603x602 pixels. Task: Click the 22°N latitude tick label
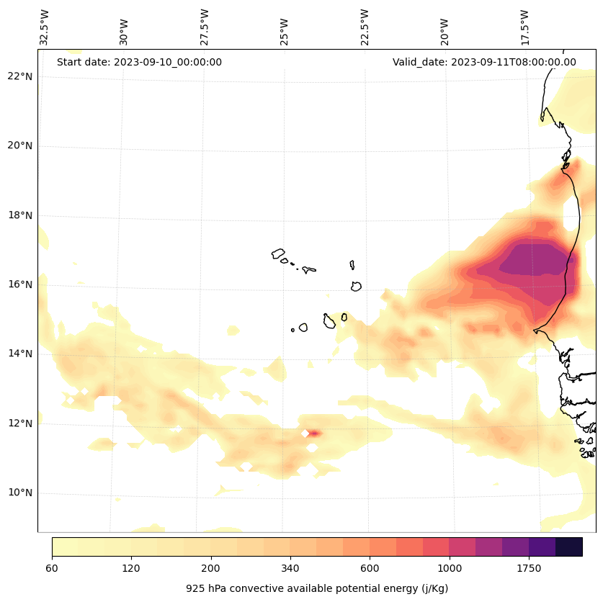tap(19, 76)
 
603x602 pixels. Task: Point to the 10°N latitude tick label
tap(19, 493)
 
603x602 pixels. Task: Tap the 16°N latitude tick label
tap(19, 284)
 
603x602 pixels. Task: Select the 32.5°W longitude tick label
tap(45, 27)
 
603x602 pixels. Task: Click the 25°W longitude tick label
tap(285, 27)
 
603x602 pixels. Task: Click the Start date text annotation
tap(139, 62)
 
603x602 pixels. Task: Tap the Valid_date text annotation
tap(484, 62)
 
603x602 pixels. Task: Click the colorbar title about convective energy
tap(317, 588)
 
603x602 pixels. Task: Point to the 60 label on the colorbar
tap(52, 569)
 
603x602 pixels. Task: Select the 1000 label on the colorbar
tap(450, 569)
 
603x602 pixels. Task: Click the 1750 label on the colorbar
tap(529, 569)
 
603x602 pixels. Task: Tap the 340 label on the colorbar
tap(290, 569)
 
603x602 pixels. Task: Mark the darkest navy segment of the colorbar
tap(568, 547)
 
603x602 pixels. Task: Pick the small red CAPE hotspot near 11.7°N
tap(314, 433)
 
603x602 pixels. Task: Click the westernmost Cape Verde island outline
tap(278, 253)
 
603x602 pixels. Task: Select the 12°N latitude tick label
tap(19, 423)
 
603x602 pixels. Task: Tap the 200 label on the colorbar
tap(211, 569)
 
